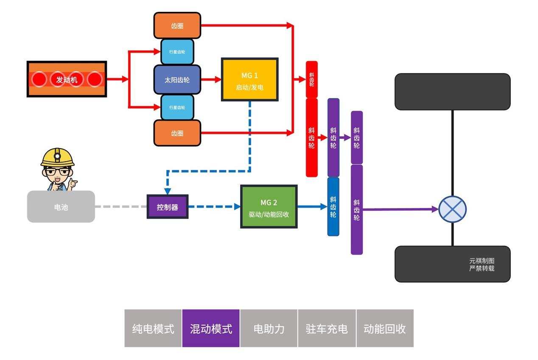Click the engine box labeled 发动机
click(x=67, y=79)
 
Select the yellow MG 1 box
click(x=249, y=80)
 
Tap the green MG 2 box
click(x=269, y=207)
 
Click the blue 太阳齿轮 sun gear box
click(x=177, y=79)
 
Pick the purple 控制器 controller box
click(x=167, y=207)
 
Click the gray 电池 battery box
click(x=61, y=207)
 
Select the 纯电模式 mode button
click(x=153, y=329)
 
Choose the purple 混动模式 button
click(x=211, y=329)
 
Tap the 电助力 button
click(x=269, y=329)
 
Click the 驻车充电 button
click(x=327, y=329)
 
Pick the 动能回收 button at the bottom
click(x=384, y=329)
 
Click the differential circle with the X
click(x=452, y=209)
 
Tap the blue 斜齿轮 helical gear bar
click(x=333, y=207)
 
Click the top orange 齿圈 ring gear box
click(x=177, y=26)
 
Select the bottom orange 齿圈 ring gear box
click(x=177, y=133)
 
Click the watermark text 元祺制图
click(x=482, y=261)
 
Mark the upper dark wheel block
click(x=452, y=92)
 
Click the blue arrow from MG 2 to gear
click(x=312, y=207)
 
